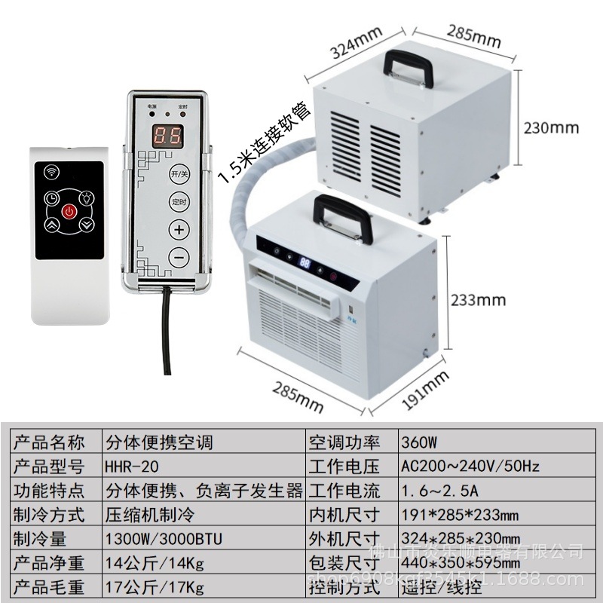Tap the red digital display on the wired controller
[x=166, y=136]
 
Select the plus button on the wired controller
[x=179, y=229]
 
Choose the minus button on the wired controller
[x=179, y=257]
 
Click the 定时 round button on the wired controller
[x=179, y=201]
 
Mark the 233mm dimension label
[x=478, y=300]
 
